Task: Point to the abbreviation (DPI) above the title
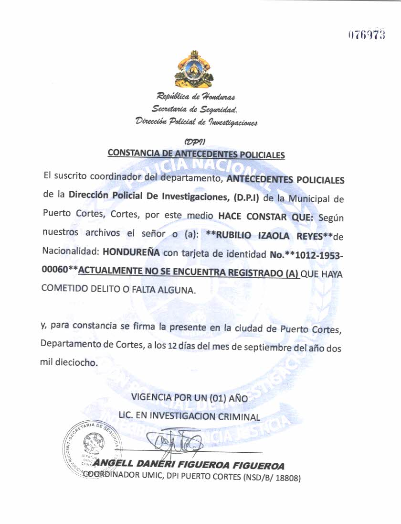(194, 141)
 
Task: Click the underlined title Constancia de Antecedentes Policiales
(196, 154)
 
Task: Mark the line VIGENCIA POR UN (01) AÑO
(190, 398)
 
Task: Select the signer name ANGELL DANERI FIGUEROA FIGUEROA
(189, 465)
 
